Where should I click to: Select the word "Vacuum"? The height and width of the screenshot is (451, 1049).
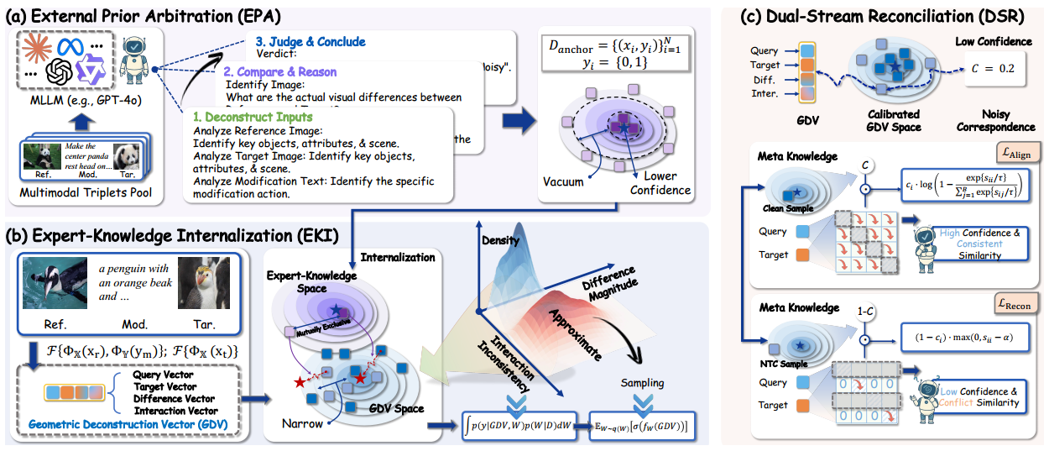point(563,181)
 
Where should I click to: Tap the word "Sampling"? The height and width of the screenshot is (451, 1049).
point(642,383)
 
